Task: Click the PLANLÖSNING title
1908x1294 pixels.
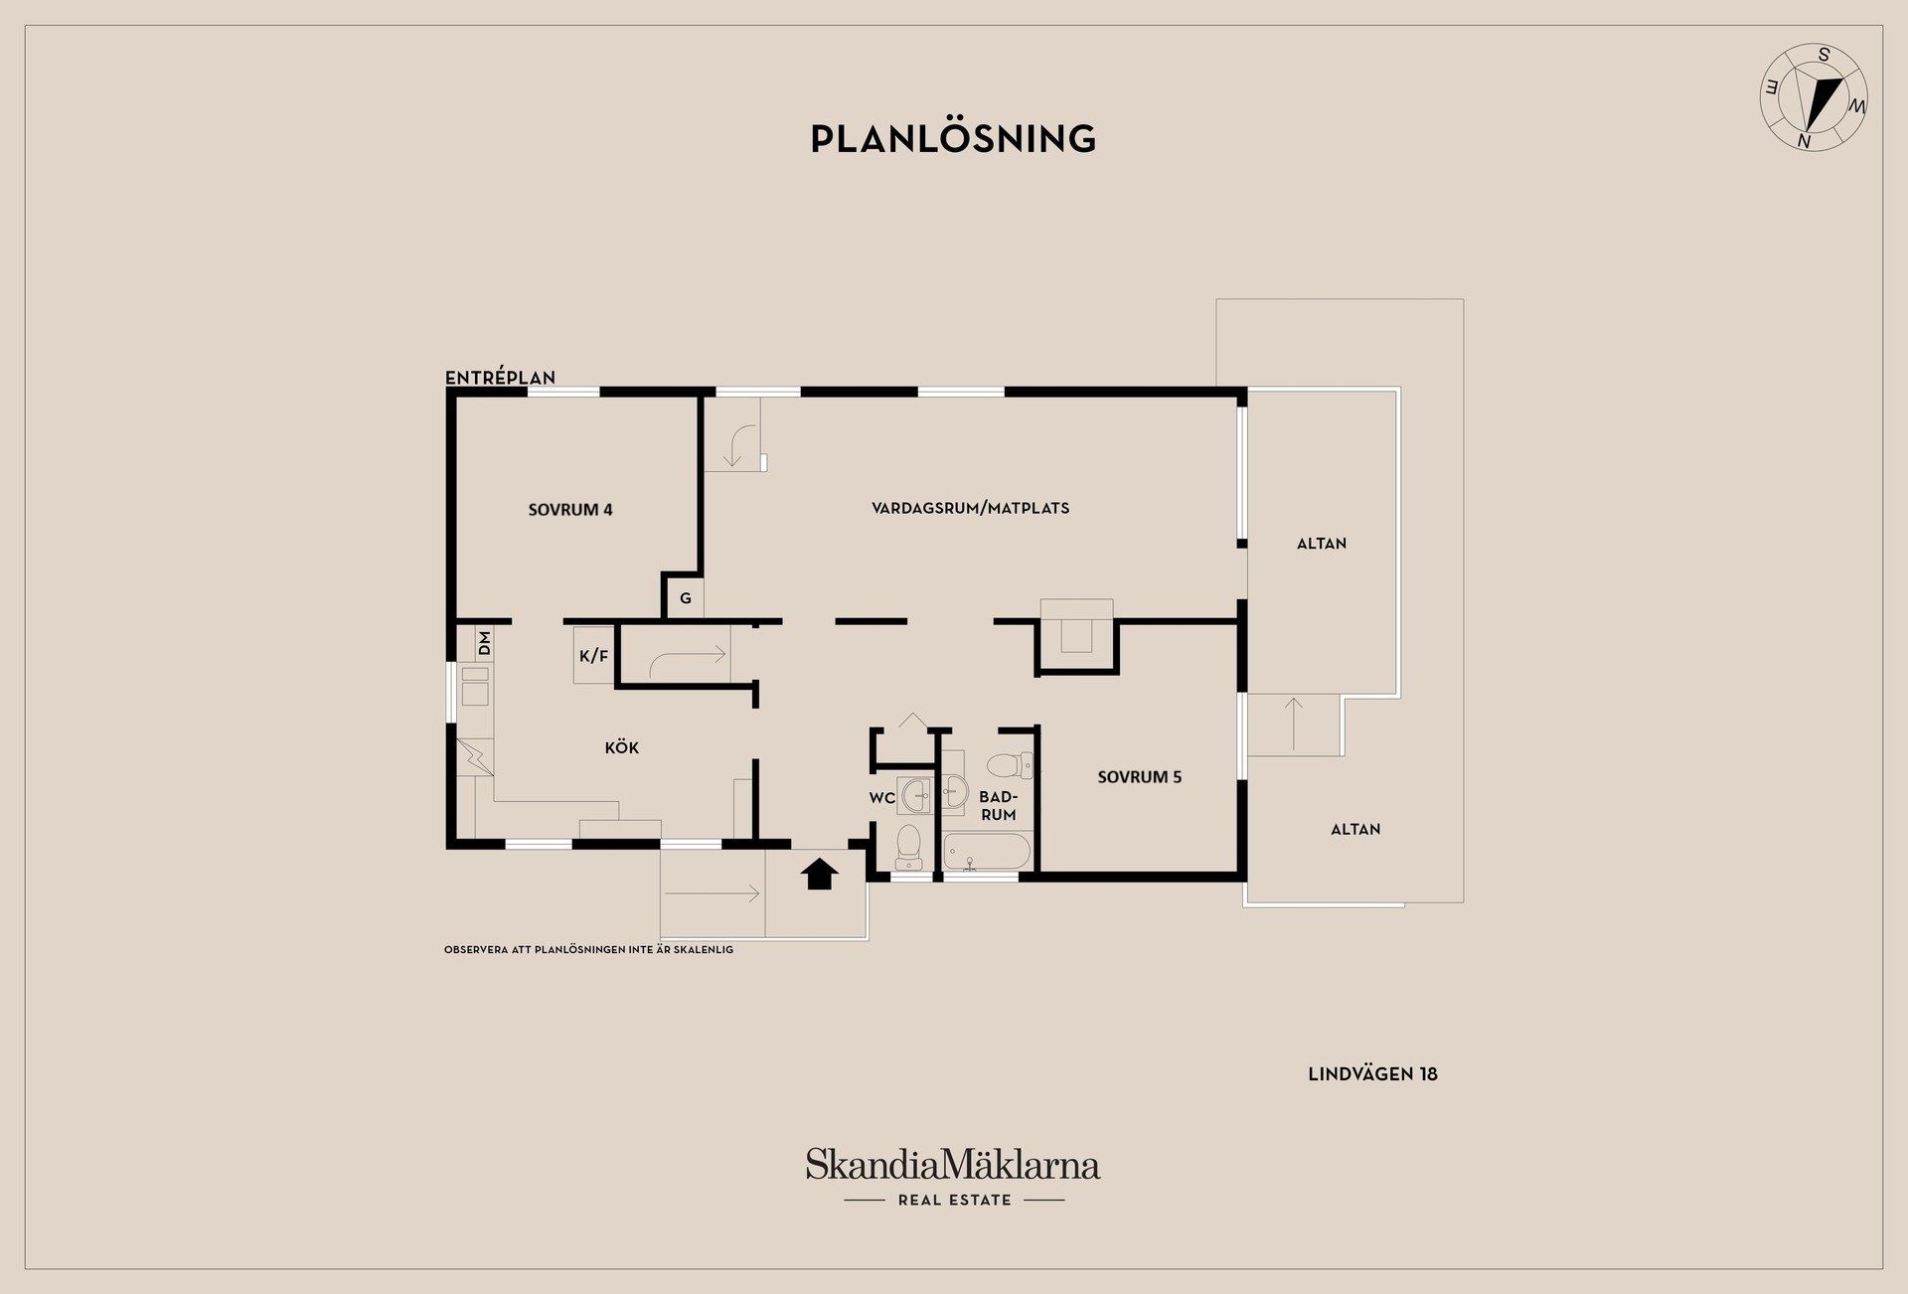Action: [953, 138]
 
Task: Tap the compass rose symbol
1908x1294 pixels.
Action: [1815, 98]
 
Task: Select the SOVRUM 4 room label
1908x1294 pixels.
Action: [570, 510]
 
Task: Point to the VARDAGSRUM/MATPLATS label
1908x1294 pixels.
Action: [971, 508]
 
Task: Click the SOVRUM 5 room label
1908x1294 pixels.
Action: [1140, 777]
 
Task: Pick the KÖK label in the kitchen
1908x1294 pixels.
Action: [622, 747]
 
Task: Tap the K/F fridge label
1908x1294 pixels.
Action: [593, 656]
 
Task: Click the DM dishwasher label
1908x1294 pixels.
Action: [485, 643]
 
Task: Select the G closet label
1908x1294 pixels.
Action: [686, 598]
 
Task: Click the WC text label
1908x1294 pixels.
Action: [882, 797]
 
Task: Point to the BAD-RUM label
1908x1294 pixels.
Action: [998, 806]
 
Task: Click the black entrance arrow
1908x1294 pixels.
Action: [820, 874]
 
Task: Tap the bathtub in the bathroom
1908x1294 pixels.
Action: [987, 854]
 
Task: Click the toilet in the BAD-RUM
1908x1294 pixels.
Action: [1011, 765]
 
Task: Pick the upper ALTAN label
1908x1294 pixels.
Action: [1322, 544]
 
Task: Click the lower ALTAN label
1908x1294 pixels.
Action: [1355, 829]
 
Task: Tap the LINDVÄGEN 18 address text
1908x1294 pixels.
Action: [1372, 1074]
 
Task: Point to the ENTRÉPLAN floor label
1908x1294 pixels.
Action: [500, 378]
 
